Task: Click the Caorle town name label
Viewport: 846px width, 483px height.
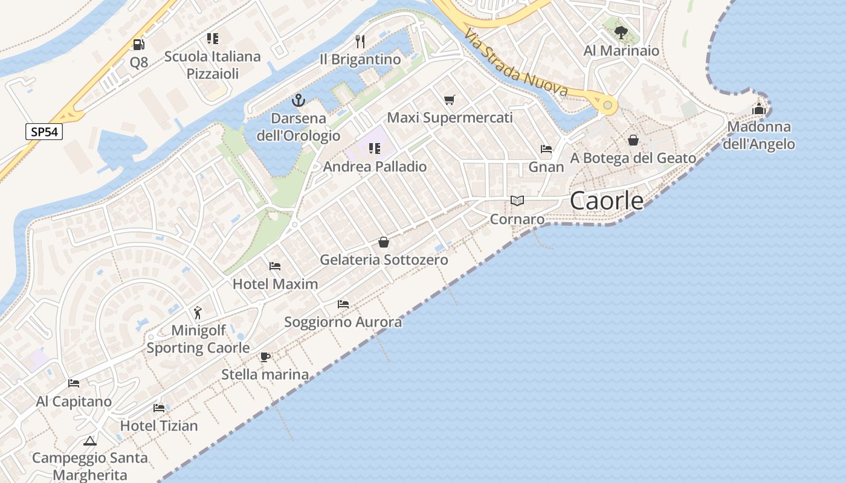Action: [607, 200]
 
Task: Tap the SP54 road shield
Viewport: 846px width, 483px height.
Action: [44, 132]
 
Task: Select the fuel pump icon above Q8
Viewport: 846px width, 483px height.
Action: [138, 44]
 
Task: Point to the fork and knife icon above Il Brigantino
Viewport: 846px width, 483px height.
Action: [360, 41]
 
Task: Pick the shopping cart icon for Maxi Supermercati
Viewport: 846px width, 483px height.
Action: [449, 100]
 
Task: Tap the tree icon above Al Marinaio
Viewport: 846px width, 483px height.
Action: [620, 33]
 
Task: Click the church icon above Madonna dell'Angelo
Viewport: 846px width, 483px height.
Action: [759, 109]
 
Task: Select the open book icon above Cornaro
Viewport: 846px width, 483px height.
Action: [517, 200]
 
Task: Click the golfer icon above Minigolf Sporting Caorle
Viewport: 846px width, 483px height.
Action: [198, 313]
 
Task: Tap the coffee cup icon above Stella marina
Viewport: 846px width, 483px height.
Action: [265, 357]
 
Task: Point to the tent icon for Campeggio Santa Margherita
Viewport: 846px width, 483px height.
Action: [89, 441]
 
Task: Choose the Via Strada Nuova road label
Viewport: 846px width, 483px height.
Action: [517, 65]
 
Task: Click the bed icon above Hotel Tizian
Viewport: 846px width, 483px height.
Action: [159, 408]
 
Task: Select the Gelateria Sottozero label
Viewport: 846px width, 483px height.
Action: [384, 260]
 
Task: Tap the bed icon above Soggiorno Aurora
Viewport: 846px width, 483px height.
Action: [343, 304]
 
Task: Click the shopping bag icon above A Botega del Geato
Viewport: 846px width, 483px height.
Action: [633, 140]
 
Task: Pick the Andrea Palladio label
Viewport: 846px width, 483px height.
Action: [375, 166]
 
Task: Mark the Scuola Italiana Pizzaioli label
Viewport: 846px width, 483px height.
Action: [213, 65]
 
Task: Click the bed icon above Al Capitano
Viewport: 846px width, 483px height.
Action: [74, 383]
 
